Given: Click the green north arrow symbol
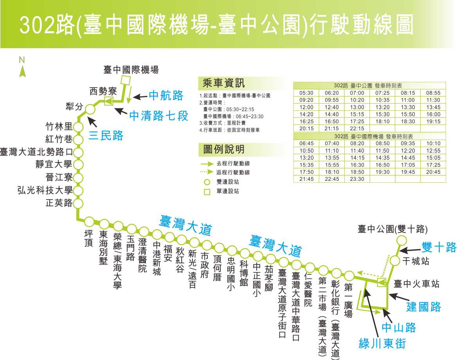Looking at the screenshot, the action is pyautogui.click(x=23, y=72).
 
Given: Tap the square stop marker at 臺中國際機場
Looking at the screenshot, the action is pyautogui.click(x=125, y=80).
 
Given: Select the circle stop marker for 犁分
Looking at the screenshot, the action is pyautogui.click(x=90, y=109).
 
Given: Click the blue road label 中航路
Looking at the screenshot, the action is pyautogui.click(x=166, y=96).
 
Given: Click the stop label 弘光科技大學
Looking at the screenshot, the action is pyautogui.click(x=45, y=191).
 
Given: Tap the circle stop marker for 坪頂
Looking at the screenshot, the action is pyautogui.click(x=90, y=221).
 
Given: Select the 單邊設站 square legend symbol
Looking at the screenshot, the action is pyautogui.click(x=207, y=192).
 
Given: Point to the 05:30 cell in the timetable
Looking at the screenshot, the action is pyautogui.click(x=306, y=93).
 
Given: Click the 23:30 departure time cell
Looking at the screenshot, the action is pyautogui.click(x=357, y=179).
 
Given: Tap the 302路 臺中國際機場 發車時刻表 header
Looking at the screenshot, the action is pyautogui.click(x=370, y=136).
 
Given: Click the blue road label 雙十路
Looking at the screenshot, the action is pyautogui.click(x=439, y=247).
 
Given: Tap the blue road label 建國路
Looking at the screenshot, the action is pyautogui.click(x=424, y=307).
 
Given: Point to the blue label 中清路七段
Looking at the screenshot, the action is pyautogui.click(x=159, y=115).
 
